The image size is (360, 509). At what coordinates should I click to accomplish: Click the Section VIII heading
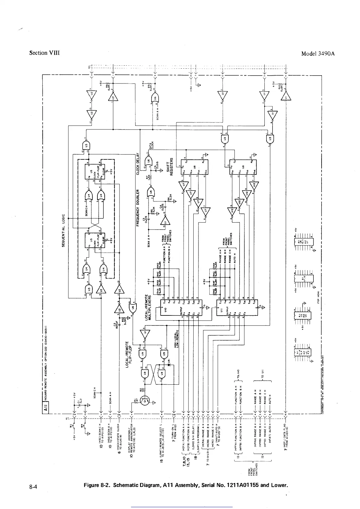tap(44, 53)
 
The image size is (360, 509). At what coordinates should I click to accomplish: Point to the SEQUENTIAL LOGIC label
tap(64, 230)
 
